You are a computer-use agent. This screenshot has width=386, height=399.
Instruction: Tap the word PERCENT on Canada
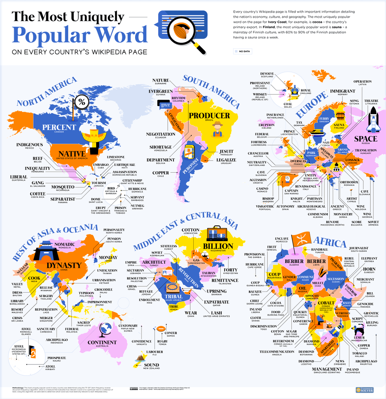pos(59,127)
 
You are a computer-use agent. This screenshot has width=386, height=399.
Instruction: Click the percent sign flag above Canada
pos(82,102)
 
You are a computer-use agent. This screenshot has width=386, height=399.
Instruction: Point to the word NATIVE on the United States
pos(72,154)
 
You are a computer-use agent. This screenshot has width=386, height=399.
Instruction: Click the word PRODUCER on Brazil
pos(209,116)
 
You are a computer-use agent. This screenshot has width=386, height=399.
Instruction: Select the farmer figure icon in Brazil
pos(218,129)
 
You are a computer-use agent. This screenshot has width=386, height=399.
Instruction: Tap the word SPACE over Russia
pos(365,139)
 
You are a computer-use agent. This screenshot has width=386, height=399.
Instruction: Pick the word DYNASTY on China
pos(64,265)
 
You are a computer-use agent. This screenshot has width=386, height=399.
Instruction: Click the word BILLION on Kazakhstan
pos(218,246)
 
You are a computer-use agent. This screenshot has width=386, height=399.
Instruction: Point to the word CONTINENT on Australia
pos(102,342)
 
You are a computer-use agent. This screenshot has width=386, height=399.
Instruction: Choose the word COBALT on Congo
pos(326,303)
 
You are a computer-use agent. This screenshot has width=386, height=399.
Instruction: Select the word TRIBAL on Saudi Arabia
pos(174,296)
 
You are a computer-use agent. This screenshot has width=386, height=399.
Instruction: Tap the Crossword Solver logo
pos(364,390)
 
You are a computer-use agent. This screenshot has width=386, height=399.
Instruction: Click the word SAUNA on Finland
pos(339,125)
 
